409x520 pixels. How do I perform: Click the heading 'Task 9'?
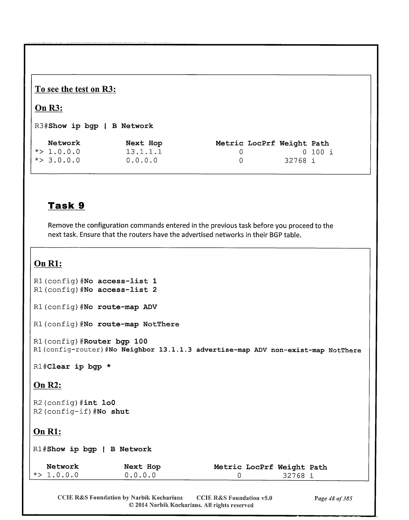point(66,206)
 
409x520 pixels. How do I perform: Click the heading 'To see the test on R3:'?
point(75,89)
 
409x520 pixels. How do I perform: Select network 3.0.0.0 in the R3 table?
point(64,160)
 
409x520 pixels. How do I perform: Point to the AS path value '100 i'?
point(322,152)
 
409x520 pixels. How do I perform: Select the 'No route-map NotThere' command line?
point(132,324)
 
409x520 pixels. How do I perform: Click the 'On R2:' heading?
point(47,385)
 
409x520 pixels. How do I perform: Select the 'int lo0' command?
point(100,403)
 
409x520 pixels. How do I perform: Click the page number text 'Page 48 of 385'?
point(333,498)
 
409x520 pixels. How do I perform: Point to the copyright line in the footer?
point(191,505)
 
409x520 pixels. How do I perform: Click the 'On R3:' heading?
point(49,108)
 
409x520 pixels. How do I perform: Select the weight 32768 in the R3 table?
point(295,161)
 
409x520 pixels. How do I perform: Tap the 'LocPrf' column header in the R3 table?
point(261,143)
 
